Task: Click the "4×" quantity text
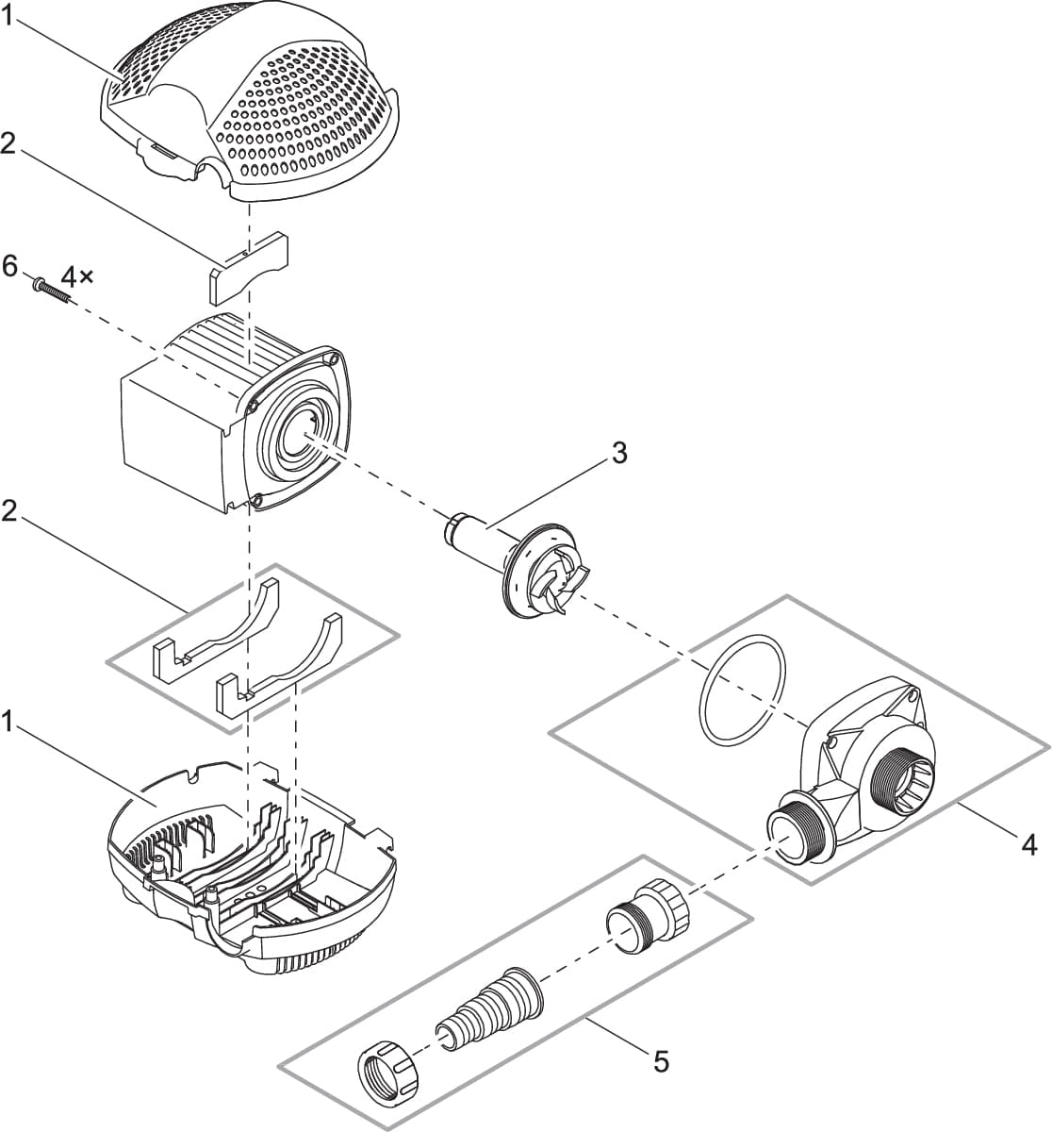[x=78, y=278]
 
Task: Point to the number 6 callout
[x=10, y=267]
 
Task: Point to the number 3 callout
[x=618, y=453]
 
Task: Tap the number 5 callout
[x=661, y=1062]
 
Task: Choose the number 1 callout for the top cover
[x=10, y=15]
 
